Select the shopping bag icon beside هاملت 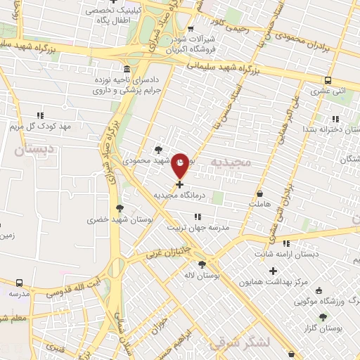(260, 193)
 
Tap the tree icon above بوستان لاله (202, 264)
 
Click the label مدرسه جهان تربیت (199, 228)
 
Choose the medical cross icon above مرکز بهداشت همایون (274, 271)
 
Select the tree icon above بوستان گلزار (323, 318)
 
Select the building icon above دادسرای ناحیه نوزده (126, 70)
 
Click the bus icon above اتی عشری (328, 79)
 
